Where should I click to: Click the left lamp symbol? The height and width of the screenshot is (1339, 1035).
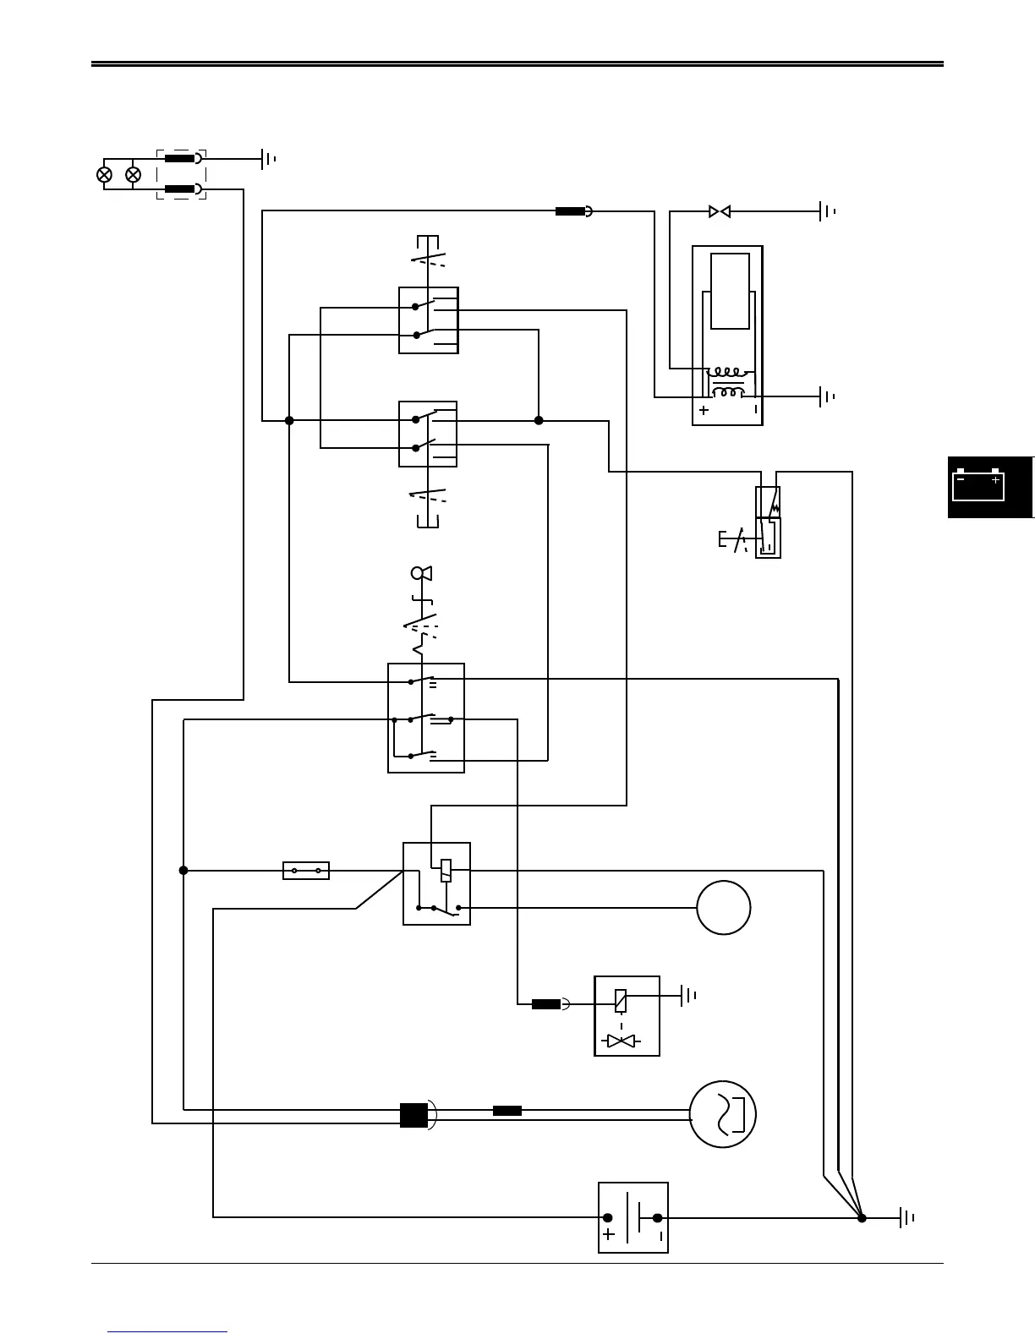click(105, 175)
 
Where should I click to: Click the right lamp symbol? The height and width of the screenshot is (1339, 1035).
click(133, 175)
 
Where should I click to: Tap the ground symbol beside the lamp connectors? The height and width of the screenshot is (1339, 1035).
click(269, 158)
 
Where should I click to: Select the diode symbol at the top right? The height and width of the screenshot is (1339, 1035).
click(720, 211)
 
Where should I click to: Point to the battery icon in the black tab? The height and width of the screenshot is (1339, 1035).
click(978, 485)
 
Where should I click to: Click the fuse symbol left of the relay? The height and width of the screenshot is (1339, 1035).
click(306, 870)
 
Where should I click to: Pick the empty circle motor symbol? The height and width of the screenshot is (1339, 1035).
click(724, 908)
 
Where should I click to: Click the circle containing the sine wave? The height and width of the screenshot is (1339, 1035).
click(722, 1116)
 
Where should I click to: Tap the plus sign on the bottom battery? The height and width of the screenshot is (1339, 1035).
click(609, 1234)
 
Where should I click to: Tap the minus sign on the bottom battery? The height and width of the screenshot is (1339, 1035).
click(660, 1235)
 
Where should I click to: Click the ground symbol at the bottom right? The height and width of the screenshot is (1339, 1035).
click(907, 1218)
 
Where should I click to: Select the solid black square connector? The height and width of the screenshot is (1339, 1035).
click(413, 1116)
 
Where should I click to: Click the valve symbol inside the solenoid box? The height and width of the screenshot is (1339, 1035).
click(622, 1041)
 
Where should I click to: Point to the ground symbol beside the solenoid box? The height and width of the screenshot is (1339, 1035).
click(689, 996)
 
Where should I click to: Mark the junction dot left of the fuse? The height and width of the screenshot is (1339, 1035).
click(183, 870)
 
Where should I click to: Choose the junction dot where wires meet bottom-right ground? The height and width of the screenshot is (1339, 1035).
click(862, 1218)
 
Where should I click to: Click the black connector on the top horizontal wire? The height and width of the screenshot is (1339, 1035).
click(571, 211)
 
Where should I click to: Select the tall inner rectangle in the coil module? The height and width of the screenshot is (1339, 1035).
click(730, 291)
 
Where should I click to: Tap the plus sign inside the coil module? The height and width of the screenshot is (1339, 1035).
click(704, 410)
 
